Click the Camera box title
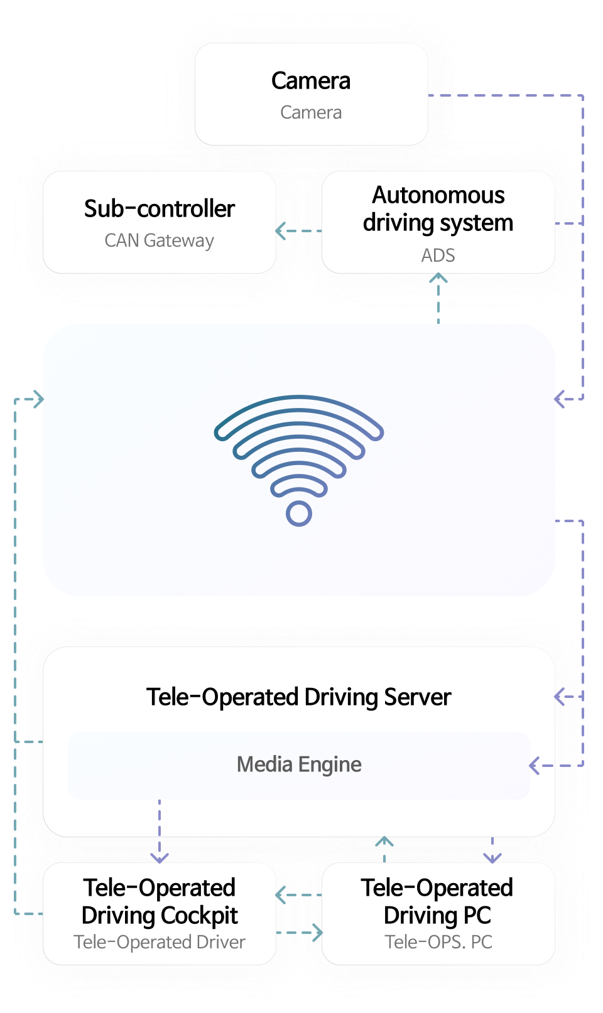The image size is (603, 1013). tap(311, 81)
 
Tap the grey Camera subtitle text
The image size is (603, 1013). tap(311, 113)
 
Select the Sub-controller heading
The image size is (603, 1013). tap(160, 209)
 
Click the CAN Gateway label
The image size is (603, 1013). tap(160, 241)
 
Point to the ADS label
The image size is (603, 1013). tap(438, 256)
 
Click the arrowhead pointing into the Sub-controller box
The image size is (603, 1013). tap(281, 231)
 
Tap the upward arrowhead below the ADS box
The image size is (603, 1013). tap(438, 278)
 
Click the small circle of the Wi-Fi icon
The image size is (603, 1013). tap(299, 514)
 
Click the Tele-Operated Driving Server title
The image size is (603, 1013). tap(299, 697)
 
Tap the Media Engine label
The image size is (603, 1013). tap(299, 764)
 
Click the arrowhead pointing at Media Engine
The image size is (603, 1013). tap(535, 766)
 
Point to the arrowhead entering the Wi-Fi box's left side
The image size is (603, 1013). tap(39, 399)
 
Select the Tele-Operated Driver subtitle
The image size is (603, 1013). tap(160, 942)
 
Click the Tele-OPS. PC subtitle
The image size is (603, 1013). tap(438, 942)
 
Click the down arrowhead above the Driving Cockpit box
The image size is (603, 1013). tap(160, 857)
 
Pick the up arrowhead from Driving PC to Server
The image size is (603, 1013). tap(384, 841)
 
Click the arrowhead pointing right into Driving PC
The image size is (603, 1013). tap(318, 933)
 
